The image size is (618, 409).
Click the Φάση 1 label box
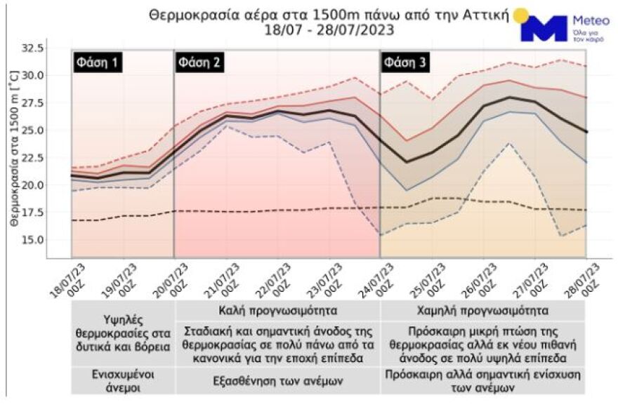97,63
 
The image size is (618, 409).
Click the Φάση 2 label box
200,63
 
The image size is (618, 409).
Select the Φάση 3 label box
405,63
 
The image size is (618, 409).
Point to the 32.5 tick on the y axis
34,48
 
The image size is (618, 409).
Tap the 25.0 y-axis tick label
34,130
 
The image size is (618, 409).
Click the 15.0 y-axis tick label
34,240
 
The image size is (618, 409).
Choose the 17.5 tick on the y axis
34,213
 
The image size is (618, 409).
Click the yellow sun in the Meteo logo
520,15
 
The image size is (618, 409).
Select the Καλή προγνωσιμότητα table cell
277,310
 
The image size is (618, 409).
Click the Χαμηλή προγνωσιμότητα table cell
482,310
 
